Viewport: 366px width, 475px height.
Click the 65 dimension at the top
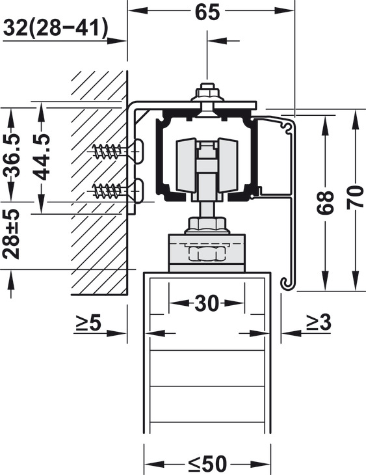click(207, 12)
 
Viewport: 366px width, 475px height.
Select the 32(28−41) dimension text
click(55, 29)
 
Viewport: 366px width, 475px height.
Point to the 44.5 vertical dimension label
click(41, 157)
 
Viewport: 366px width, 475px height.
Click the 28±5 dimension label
click(11, 234)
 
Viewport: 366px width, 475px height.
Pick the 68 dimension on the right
click(325, 202)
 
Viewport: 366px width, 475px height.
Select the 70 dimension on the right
click(355, 198)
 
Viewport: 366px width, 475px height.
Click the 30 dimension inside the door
click(207, 303)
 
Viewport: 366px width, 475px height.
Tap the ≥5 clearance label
click(88, 323)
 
